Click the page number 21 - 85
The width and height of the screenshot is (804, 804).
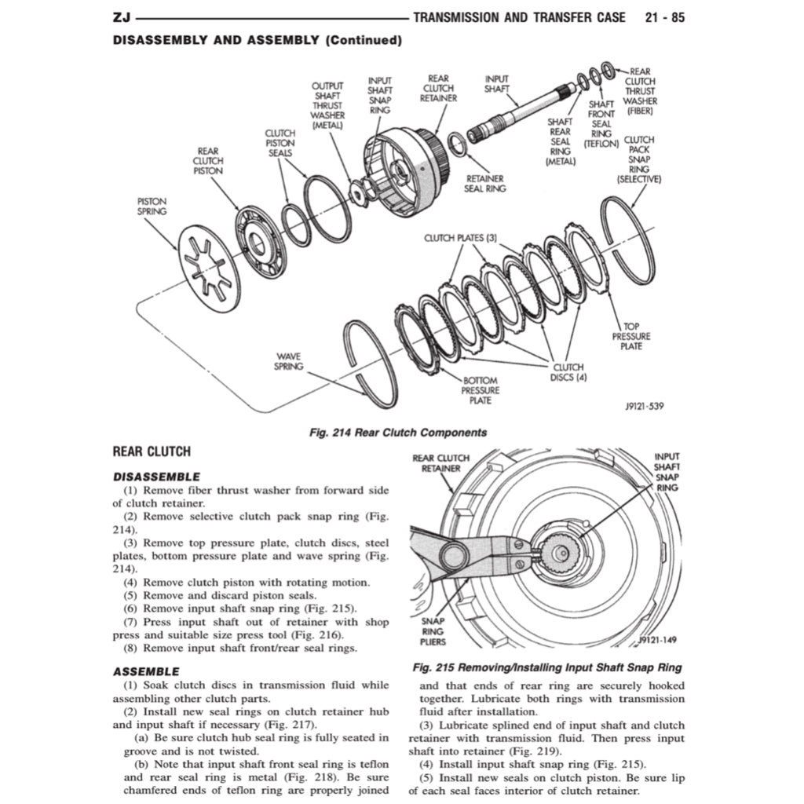point(664,17)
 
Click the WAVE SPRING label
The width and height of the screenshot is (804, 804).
point(288,361)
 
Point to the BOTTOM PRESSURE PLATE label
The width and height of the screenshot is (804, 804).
point(480,390)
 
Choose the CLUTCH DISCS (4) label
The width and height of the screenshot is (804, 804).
point(569,371)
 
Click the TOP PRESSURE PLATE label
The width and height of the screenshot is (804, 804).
point(631,336)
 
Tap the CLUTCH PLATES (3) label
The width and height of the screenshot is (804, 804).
point(461,238)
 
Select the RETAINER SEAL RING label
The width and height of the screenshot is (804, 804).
point(484,184)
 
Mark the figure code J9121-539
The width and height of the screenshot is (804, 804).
point(645,406)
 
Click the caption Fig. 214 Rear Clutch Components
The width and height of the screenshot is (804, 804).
point(399,432)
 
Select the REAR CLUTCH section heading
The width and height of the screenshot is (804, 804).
point(152,451)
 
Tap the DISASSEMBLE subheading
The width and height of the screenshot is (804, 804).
point(156,477)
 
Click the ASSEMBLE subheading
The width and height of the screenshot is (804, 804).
point(146,671)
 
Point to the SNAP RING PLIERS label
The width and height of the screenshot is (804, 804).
point(433,630)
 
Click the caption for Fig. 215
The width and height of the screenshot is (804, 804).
point(547,667)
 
